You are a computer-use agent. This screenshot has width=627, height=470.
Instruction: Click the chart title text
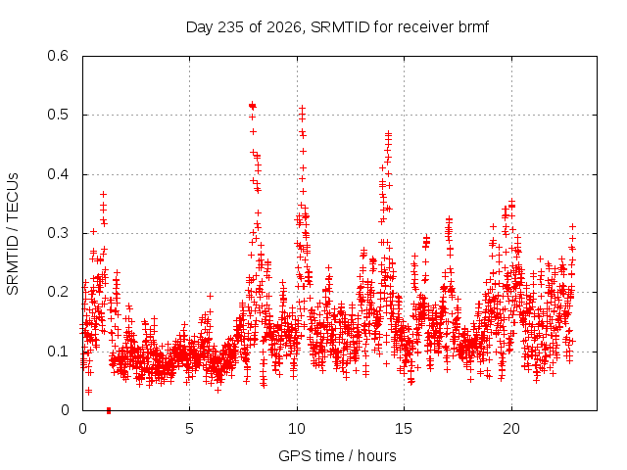[337, 27]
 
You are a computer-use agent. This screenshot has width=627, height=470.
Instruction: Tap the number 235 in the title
[229, 27]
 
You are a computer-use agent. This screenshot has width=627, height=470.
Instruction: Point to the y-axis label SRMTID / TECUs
[13, 234]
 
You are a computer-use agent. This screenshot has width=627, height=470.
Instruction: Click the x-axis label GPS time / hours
[337, 455]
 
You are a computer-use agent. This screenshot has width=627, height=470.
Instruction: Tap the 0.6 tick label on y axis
[58, 56]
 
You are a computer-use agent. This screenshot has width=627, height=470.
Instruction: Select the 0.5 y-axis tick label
[58, 115]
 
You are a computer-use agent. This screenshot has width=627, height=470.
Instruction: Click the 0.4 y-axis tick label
[58, 174]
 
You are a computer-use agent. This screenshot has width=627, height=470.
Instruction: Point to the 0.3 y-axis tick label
[58, 233]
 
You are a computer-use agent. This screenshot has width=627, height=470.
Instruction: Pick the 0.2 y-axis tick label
[58, 292]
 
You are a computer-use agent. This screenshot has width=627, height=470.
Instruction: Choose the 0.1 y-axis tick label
[58, 352]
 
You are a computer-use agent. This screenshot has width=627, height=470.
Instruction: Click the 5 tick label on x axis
[189, 429]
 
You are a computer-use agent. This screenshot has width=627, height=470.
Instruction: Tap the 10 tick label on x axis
[297, 429]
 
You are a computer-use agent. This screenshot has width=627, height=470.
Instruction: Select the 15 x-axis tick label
[404, 429]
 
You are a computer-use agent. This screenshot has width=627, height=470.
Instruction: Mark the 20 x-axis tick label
[511, 429]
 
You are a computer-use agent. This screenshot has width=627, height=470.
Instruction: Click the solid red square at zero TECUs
[109, 410]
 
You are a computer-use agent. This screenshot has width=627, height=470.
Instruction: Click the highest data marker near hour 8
[253, 105]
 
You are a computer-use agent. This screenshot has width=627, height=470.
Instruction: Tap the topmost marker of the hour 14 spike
[388, 133]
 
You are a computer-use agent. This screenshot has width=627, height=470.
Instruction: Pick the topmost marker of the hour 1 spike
[103, 194]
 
